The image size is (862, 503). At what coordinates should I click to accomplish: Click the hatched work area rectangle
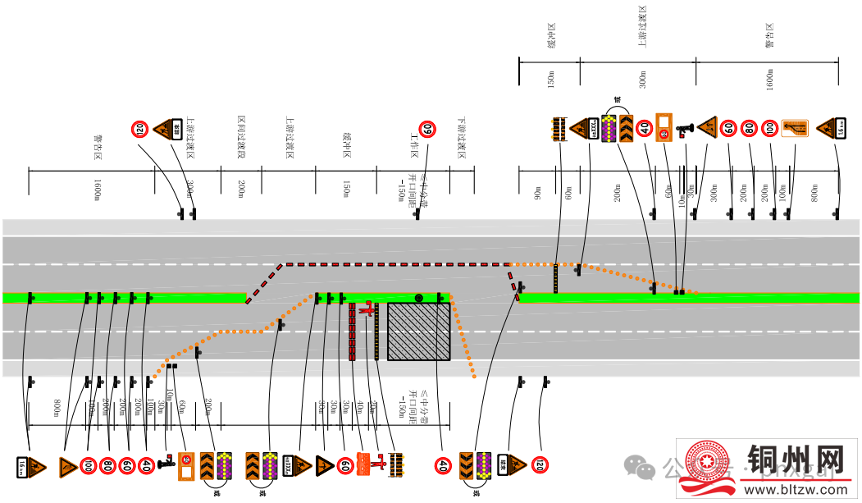[x=418, y=332]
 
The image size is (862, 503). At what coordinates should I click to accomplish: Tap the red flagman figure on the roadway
[x=368, y=309]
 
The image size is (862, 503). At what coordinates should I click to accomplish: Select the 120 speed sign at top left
[x=139, y=129]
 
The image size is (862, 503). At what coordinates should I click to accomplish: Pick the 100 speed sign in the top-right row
[x=769, y=128]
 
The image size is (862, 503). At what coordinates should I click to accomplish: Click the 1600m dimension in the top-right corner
[x=769, y=79]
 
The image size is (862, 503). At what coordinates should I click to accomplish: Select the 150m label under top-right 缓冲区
[x=550, y=79]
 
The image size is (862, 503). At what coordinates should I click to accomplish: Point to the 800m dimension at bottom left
[x=57, y=406]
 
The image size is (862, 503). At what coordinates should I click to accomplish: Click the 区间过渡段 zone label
[x=241, y=137]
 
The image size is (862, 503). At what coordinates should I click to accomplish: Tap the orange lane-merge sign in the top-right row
[x=795, y=128]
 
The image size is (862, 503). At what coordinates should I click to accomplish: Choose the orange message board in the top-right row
[x=664, y=127]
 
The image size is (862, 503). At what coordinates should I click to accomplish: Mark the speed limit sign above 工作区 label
[x=426, y=129]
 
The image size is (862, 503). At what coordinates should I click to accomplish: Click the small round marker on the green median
[x=419, y=297]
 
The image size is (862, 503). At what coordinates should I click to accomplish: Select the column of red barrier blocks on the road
[x=352, y=332]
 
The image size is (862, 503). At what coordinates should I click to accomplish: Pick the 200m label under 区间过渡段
[x=241, y=189]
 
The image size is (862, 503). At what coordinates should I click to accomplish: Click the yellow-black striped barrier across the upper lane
[x=555, y=278]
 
